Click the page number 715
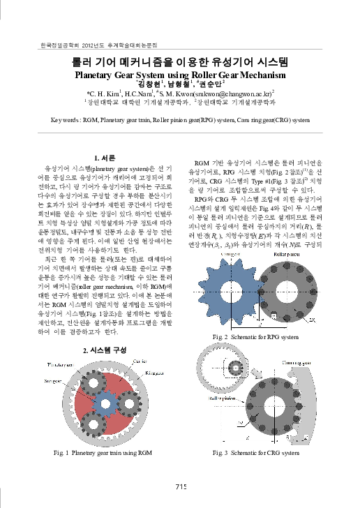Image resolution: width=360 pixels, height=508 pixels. [180, 486]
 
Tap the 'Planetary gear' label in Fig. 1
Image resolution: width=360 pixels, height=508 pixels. [57, 365]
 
